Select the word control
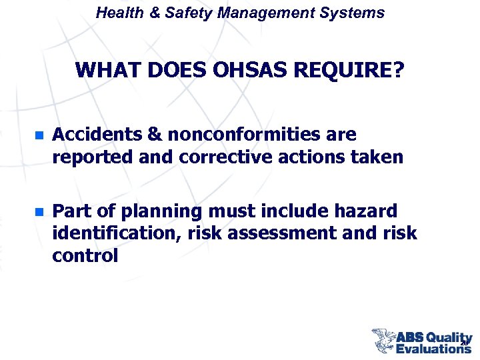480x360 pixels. click(x=85, y=256)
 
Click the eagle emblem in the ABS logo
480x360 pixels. click(x=383, y=339)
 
